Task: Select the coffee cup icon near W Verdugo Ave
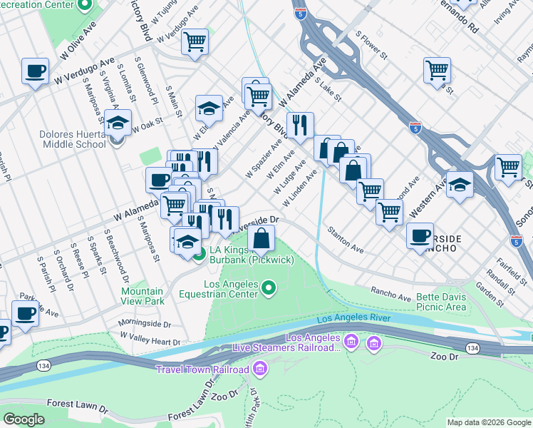click(35, 71)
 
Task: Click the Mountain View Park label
click(142, 297)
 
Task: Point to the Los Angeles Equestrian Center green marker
click(269, 288)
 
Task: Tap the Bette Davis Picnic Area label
click(433, 302)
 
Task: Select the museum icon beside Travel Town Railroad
click(260, 369)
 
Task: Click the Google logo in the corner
click(24, 419)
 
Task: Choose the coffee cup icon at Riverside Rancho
click(420, 235)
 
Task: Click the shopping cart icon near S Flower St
click(437, 70)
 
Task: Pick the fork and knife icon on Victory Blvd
click(300, 125)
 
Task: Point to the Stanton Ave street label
click(346, 241)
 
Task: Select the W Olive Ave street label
click(78, 44)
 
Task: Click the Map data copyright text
click(489, 422)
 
